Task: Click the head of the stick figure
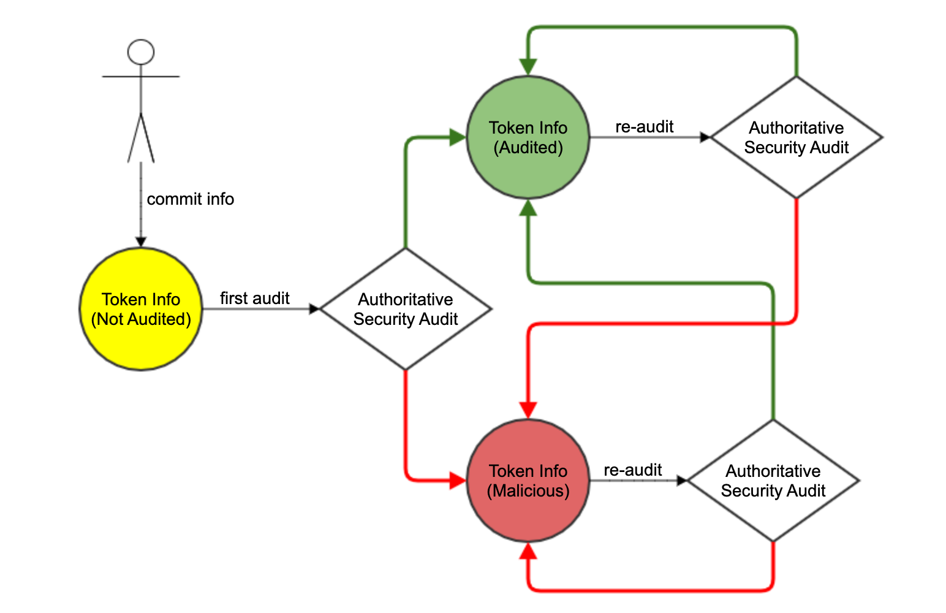(x=141, y=52)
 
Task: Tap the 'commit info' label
(x=190, y=199)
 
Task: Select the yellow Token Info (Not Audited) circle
(x=141, y=309)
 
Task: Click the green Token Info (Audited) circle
(x=528, y=137)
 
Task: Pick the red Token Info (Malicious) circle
(x=528, y=481)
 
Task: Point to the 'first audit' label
(x=255, y=298)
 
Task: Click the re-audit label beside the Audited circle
(x=644, y=126)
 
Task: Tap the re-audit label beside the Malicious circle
(x=633, y=470)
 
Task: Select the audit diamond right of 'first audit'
(x=406, y=309)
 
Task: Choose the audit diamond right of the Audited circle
(x=796, y=137)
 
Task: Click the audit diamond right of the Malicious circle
(x=773, y=481)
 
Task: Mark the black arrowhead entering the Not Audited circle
(x=141, y=242)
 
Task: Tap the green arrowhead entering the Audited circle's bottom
(x=528, y=207)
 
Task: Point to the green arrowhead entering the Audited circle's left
(x=457, y=137)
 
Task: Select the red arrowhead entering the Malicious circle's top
(x=528, y=410)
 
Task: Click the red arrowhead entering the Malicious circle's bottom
(x=528, y=551)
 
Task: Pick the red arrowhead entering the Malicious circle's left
(x=457, y=481)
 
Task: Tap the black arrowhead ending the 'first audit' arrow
(x=315, y=309)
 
